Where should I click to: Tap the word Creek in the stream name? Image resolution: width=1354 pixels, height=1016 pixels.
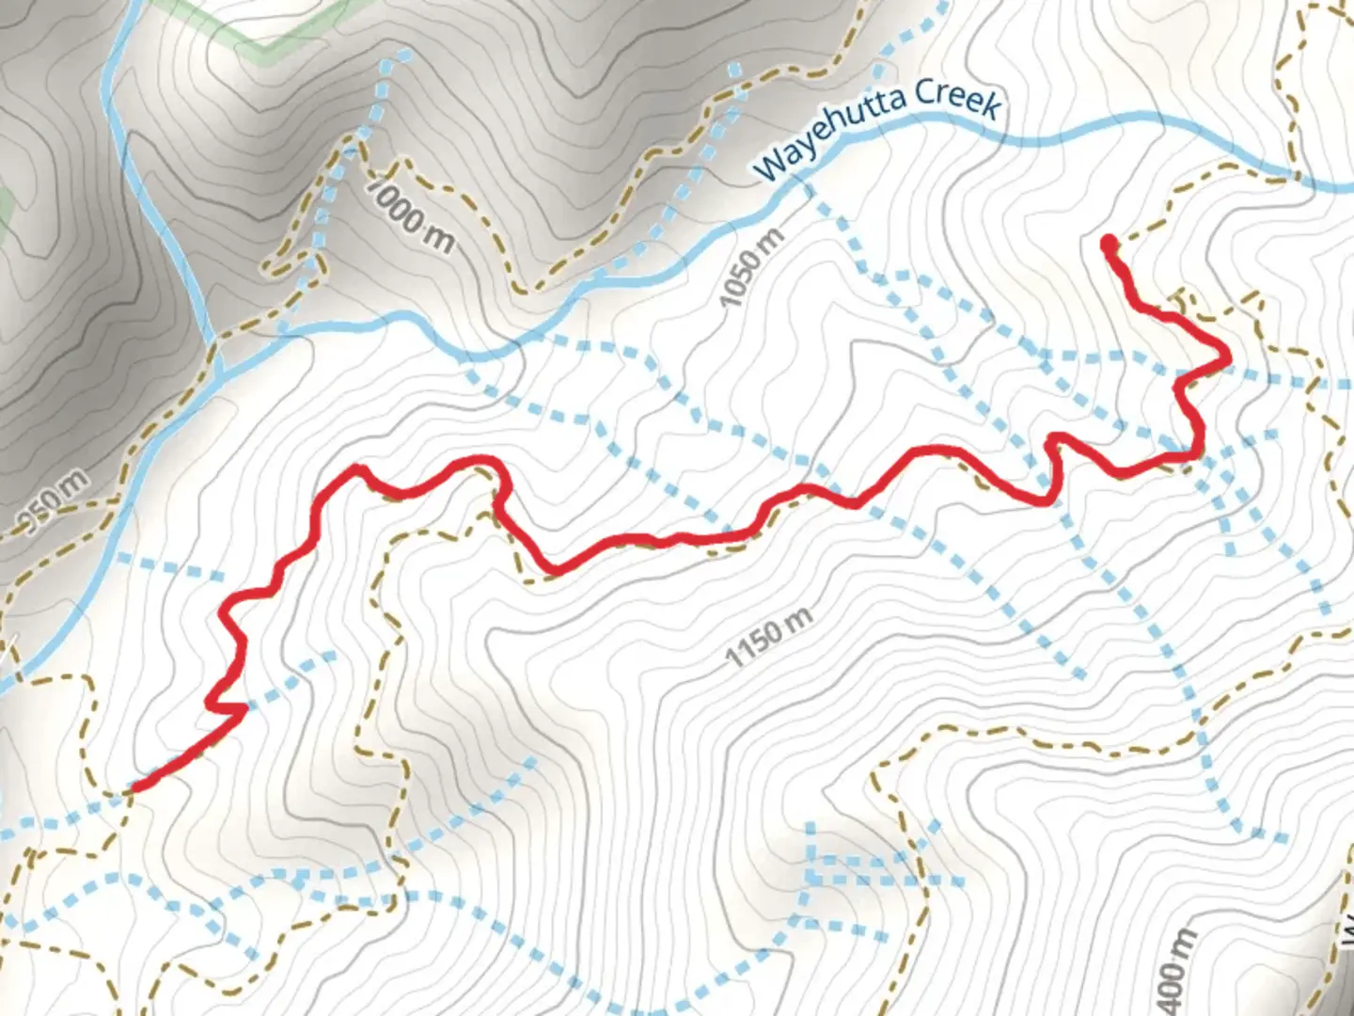tap(956, 98)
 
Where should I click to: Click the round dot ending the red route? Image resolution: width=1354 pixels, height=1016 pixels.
tap(1110, 245)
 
